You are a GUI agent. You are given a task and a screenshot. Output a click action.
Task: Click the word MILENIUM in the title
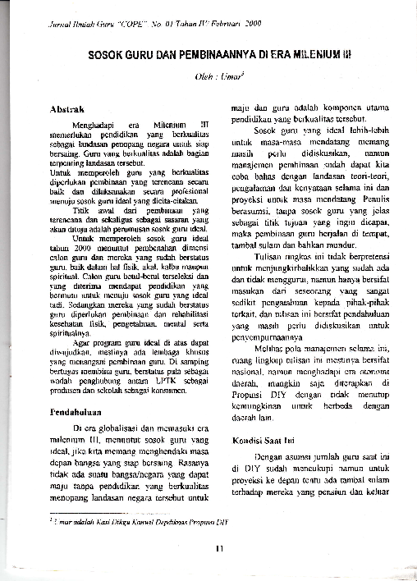306,55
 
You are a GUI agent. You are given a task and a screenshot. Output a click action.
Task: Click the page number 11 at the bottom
218,548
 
